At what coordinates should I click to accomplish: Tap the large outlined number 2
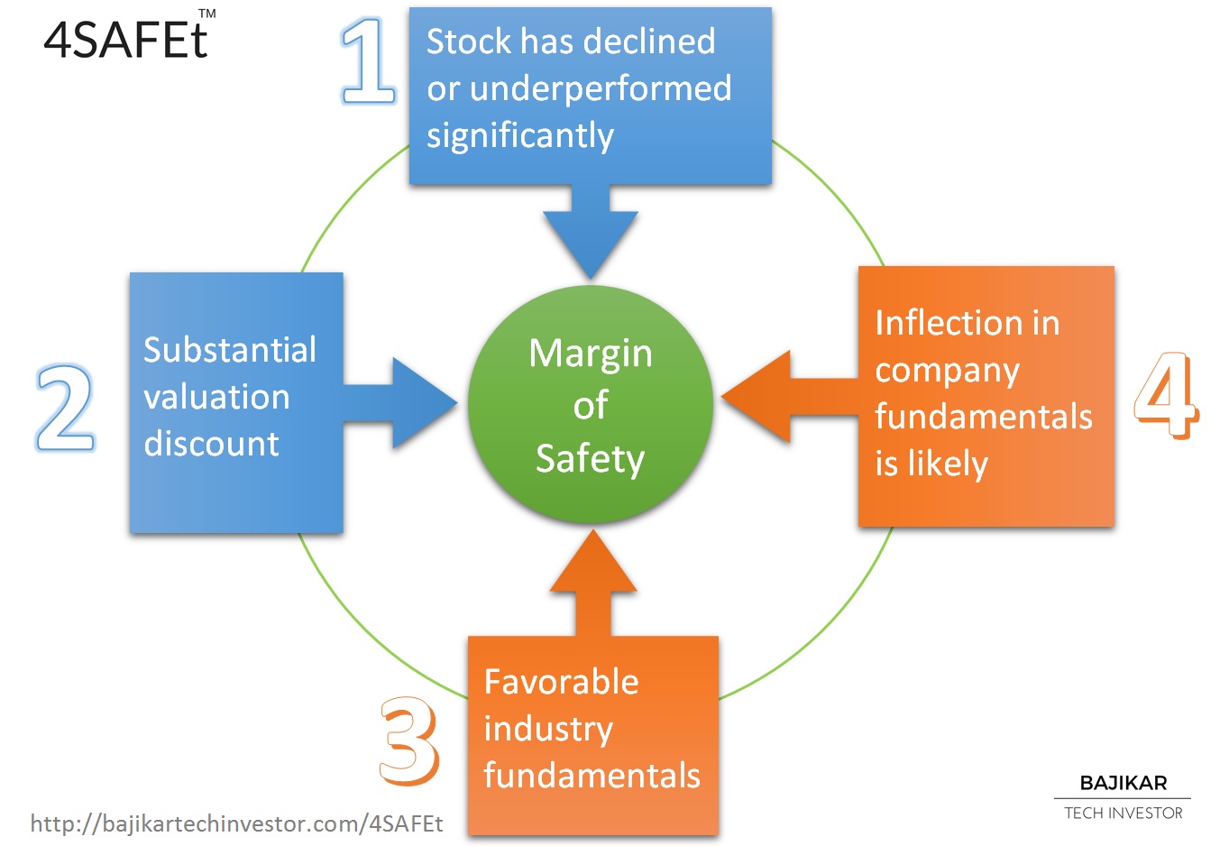coord(65,408)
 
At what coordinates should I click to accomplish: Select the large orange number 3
coord(409,740)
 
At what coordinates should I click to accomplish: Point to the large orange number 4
coord(1167,395)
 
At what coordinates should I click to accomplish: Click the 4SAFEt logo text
coord(125,40)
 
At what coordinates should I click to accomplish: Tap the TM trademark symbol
coord(206,14)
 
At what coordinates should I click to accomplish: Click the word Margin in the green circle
coord(591,355)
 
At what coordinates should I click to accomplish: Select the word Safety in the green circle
coord(591,460)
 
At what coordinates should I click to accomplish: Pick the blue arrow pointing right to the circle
coord(400,403)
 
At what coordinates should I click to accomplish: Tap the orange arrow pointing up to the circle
coord(593,583)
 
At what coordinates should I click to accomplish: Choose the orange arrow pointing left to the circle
coord(790,397)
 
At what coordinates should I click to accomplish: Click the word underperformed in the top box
coord(601,89)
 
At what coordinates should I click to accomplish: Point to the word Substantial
coord(229,349)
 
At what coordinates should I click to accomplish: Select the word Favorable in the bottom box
coord(561,682)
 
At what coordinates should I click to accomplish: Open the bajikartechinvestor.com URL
coord(236,823)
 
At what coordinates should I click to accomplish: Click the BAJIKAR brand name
coord(1124,783)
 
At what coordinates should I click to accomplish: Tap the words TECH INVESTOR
coord(1124,814)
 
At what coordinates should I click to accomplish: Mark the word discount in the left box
coord(211,444)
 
